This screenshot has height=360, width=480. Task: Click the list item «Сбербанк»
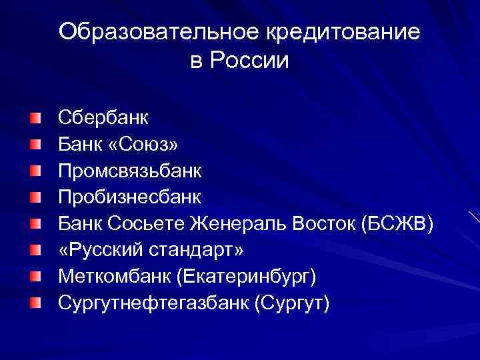[103, 118]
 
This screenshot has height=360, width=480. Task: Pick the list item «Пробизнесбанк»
[129, 197]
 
